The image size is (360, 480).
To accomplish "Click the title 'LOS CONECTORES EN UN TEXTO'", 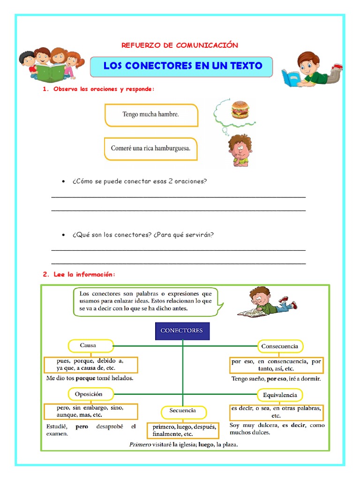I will pos(182,66).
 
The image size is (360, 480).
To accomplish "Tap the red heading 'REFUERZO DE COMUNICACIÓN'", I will pos(180,45).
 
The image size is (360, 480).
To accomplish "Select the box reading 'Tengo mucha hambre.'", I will pos(151,114).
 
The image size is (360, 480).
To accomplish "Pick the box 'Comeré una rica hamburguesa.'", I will pos(151,148).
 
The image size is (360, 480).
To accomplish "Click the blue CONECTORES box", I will pos(182,330).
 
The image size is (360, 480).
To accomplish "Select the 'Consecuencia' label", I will pos(280,346).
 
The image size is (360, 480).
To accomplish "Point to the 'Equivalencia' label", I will pos(280,395).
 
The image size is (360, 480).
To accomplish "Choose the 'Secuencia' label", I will pos(183,411).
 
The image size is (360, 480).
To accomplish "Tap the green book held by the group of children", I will pos(47,73).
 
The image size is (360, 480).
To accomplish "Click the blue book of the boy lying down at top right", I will pos(291,78).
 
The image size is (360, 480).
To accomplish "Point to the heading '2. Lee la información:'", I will pos(79,275).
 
